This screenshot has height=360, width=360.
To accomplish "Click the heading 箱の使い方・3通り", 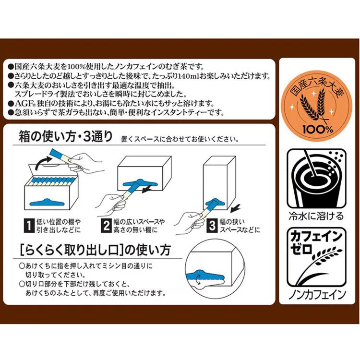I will coord(65,137).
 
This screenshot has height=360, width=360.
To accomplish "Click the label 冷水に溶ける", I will coord(315,215).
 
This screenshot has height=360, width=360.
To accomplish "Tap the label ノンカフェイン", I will coord(315,294).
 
